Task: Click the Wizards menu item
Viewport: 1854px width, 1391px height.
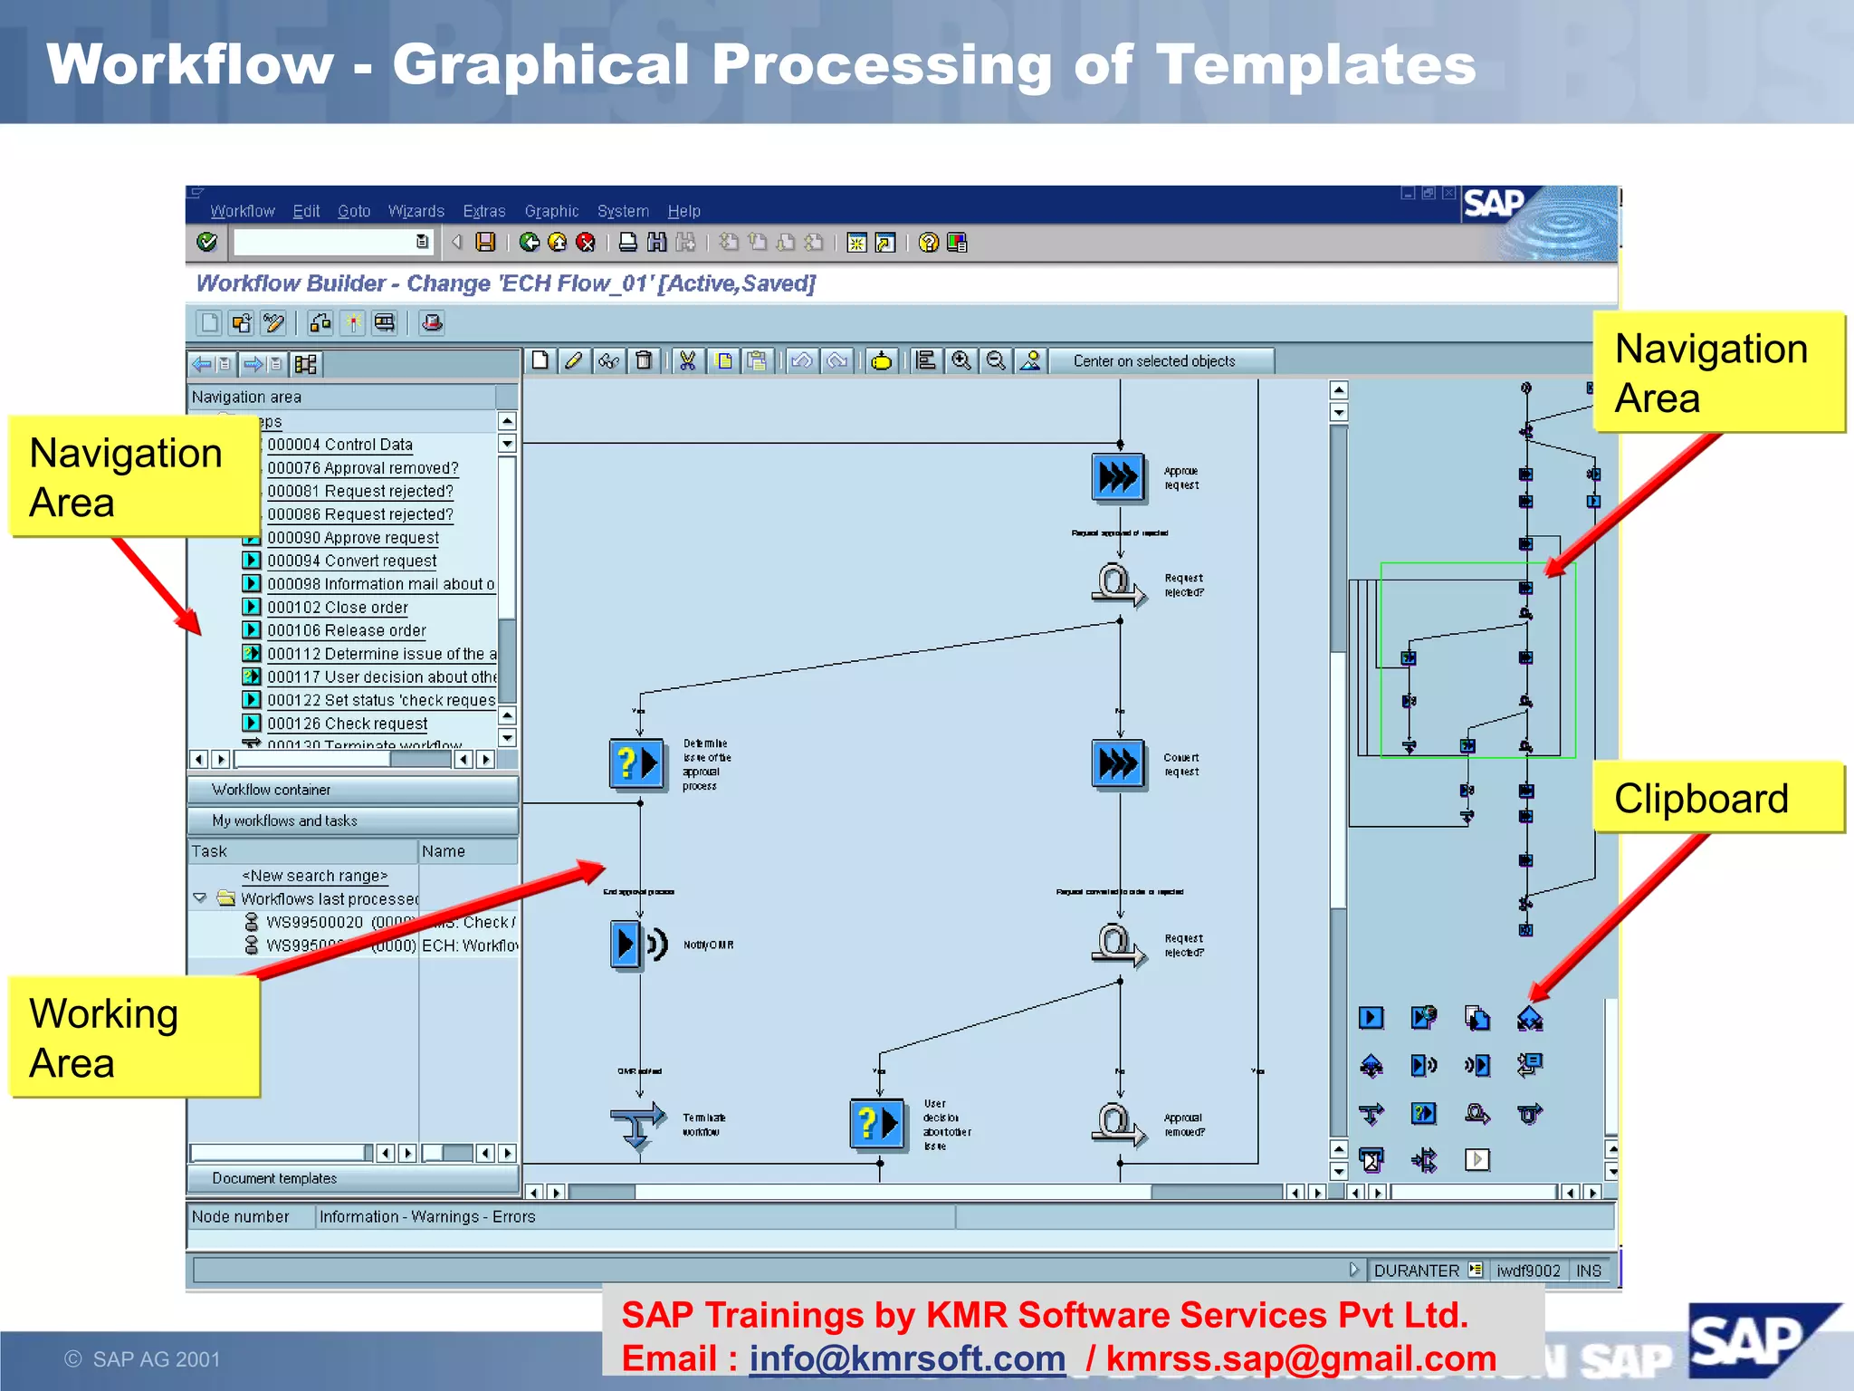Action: (416, 211)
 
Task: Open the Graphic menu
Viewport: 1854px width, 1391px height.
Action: (551, 211)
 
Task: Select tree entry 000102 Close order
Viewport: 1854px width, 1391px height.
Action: (338, 608)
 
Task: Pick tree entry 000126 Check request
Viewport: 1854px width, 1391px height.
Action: (348, 724)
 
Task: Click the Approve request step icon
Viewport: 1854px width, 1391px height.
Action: (1118, 476)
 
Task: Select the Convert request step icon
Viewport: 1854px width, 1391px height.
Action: (1118, 763)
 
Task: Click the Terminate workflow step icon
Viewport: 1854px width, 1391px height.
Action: (637, 1123)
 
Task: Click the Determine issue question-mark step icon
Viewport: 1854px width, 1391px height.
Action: (636, 763)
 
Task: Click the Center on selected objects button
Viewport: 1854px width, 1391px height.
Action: (1153, 361)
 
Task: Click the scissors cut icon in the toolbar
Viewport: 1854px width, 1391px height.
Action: (688, 361)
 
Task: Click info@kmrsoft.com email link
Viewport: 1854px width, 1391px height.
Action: (907, 1358)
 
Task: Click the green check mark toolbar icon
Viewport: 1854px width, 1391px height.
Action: (207, 242)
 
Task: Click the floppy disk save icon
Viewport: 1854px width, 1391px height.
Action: (486, 242)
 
